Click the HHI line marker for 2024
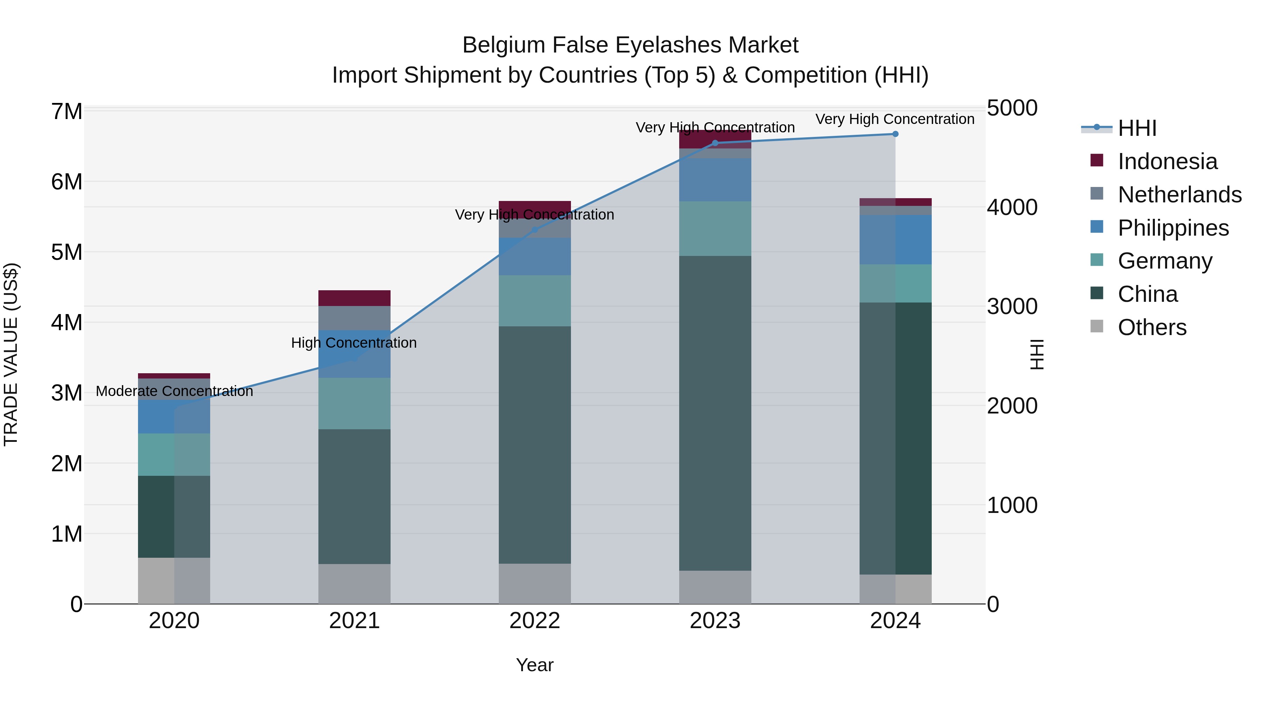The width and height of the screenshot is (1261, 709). pos(895,134)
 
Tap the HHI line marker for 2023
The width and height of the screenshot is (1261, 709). pos(715,143)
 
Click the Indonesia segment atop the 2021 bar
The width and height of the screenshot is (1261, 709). pos(354,298)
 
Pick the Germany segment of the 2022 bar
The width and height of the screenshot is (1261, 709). pos(535,300)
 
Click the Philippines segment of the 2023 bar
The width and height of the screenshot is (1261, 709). pos(715,180)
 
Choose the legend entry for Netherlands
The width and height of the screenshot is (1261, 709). pos(1179,195)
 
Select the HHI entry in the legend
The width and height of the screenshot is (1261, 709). pos(1137,128)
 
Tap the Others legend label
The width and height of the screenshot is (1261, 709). pos(1152,327)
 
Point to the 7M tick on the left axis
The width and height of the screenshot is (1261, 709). pos(67,112)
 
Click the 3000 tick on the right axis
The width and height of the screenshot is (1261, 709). pos(1012,306)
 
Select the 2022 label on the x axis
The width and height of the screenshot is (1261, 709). pos(535,621)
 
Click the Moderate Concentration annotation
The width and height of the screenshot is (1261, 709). pos(174,391)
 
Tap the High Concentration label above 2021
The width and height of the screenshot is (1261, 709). pos(354,343)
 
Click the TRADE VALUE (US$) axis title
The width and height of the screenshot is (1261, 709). pos(11,354)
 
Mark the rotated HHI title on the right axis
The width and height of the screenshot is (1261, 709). pos(1037,354)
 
